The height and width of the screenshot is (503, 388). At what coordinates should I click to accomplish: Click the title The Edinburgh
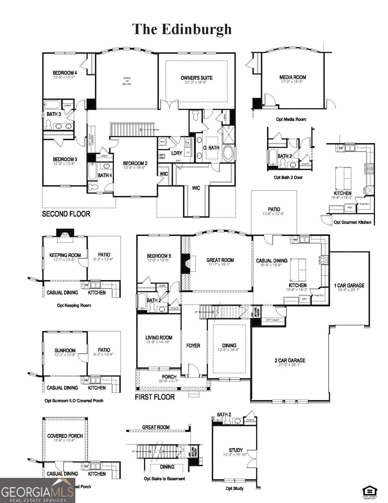(182, 29)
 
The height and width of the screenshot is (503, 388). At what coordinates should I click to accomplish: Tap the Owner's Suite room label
(196, 78)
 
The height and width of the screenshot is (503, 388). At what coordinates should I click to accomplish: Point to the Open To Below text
(127, 81)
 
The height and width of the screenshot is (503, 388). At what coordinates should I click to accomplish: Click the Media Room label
(293, 77)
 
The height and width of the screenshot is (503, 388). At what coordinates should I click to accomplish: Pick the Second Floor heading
(66, 214)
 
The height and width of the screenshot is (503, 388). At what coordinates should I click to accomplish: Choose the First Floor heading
(155, 397)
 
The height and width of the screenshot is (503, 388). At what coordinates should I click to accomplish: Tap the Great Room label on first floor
(220, 260)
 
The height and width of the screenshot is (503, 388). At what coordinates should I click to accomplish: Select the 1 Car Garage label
(349, 285)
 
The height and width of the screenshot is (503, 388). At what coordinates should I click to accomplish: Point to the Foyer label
(193, 346)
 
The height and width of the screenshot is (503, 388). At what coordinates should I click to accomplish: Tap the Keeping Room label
(65, 255)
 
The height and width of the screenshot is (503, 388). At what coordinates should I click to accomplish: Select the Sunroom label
(65, 350)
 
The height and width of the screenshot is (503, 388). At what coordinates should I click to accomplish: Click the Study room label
(236, 450)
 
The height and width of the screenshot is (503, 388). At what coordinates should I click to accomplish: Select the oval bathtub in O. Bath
(228, 154)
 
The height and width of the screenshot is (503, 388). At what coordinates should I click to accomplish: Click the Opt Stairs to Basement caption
(164, 478)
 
